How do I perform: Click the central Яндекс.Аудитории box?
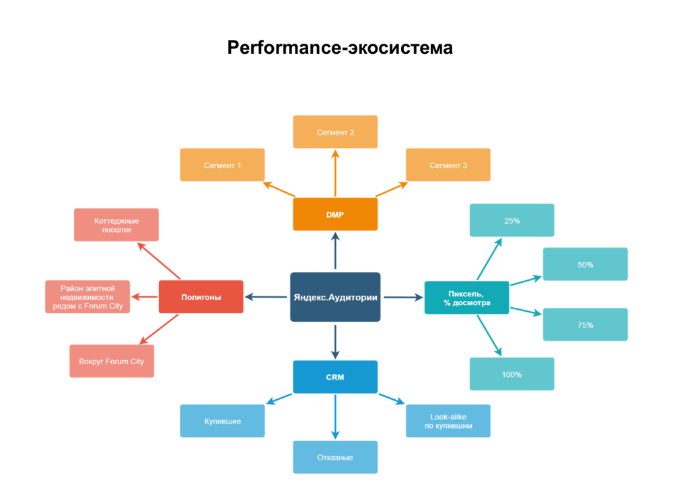[335, 296]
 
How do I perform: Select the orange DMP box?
[335, 214]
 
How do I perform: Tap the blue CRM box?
[335, 377]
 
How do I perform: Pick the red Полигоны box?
[201, 296]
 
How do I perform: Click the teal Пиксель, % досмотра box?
[466, 298]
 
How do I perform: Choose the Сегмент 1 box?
[222, 165]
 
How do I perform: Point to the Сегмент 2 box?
[335, 132]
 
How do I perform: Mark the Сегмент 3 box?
[448, 165]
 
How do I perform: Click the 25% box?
[511, 220]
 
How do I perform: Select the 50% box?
[585, 264]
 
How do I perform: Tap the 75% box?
[585, 325]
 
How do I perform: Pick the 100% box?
[511, 374]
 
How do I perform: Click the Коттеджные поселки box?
[116, 224]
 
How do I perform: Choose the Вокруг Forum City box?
[112, 361]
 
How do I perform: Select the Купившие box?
[222, 421]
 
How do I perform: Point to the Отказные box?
[335, 457]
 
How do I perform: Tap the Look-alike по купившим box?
[448, 421]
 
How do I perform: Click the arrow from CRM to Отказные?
[335, 417]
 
